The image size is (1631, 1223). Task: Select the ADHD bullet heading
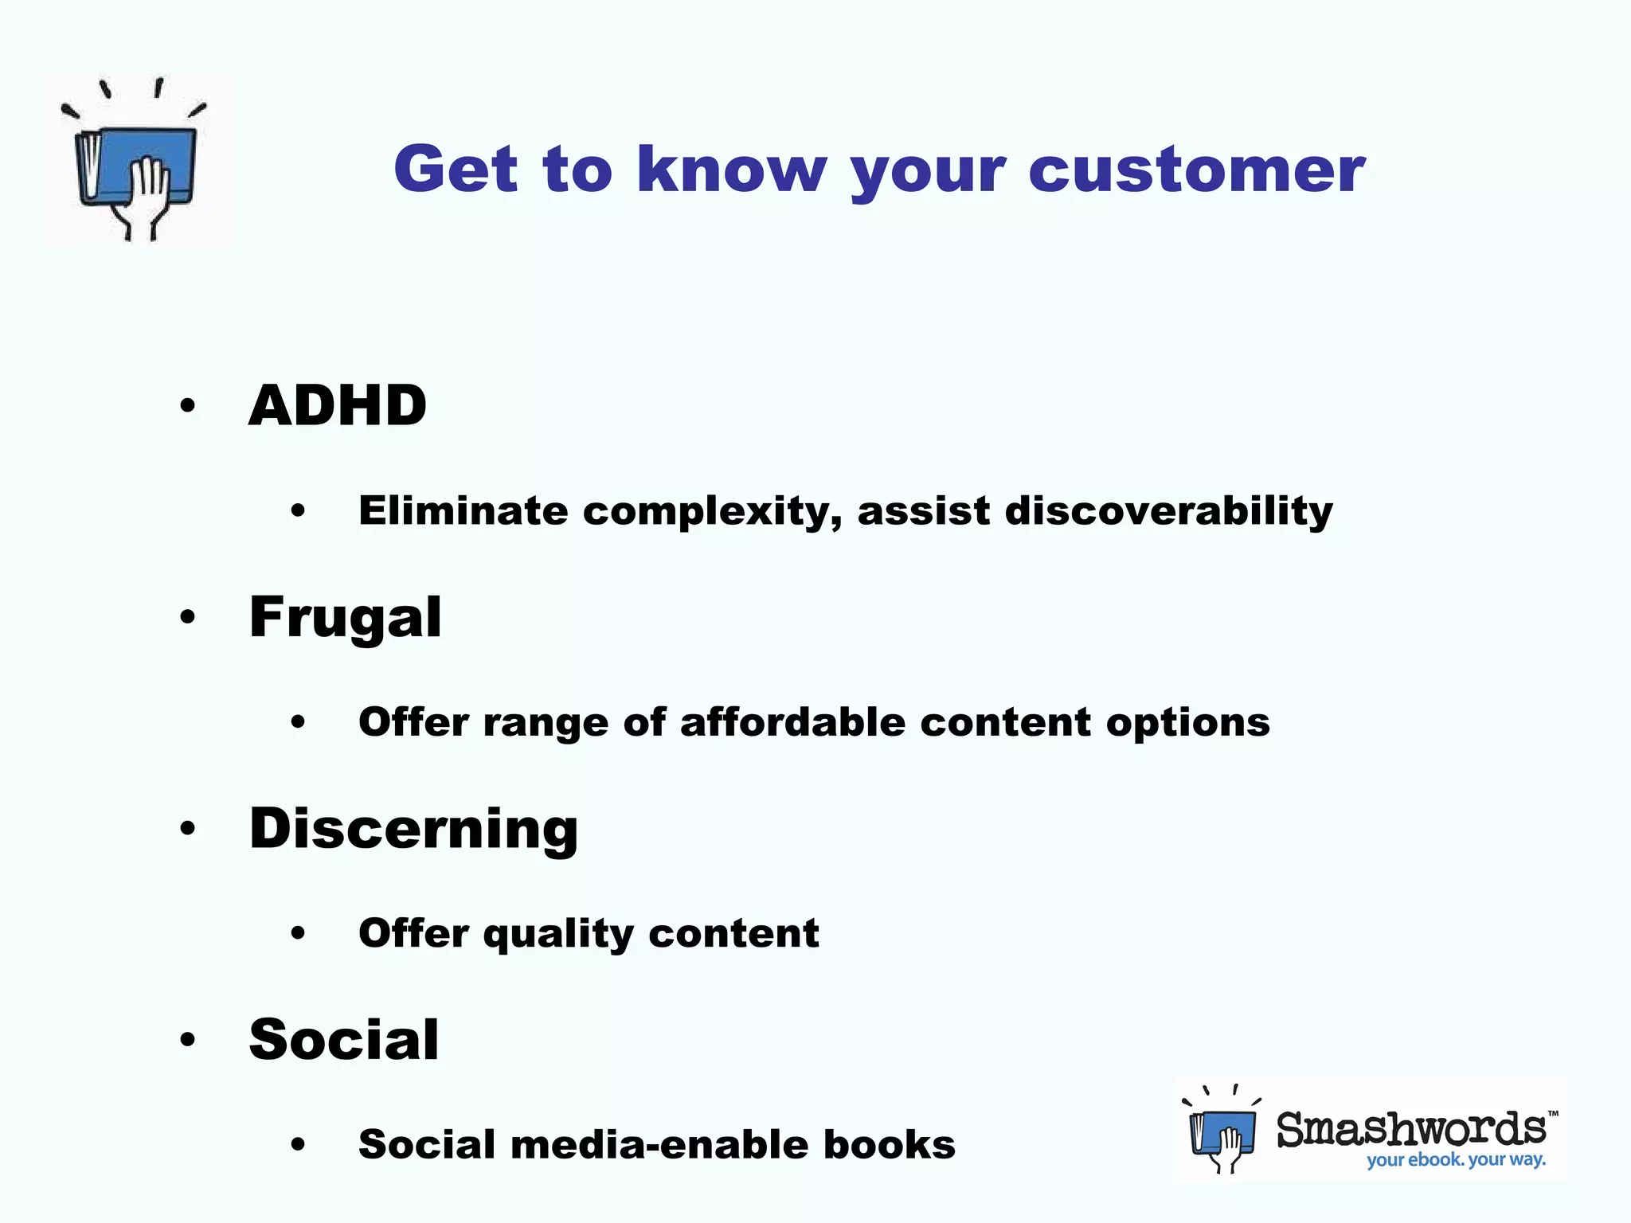pos(338,405)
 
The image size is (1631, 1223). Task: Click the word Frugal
pos(345,618)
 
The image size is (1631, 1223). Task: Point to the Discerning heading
pos(413,829)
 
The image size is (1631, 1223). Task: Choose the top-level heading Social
pos(343,1039)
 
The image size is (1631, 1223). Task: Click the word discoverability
pos(1168,510)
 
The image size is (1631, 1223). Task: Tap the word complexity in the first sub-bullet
pos(712,512)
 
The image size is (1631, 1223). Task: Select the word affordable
pos(792,722)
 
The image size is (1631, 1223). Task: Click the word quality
pos(558,934)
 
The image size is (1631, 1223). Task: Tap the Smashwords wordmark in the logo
pos(1411,1129)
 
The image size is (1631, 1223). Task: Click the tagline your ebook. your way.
pos(1456,1159)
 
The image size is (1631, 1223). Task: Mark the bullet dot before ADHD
pos(188,406)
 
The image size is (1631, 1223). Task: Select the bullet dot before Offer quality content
pos(298,933)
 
